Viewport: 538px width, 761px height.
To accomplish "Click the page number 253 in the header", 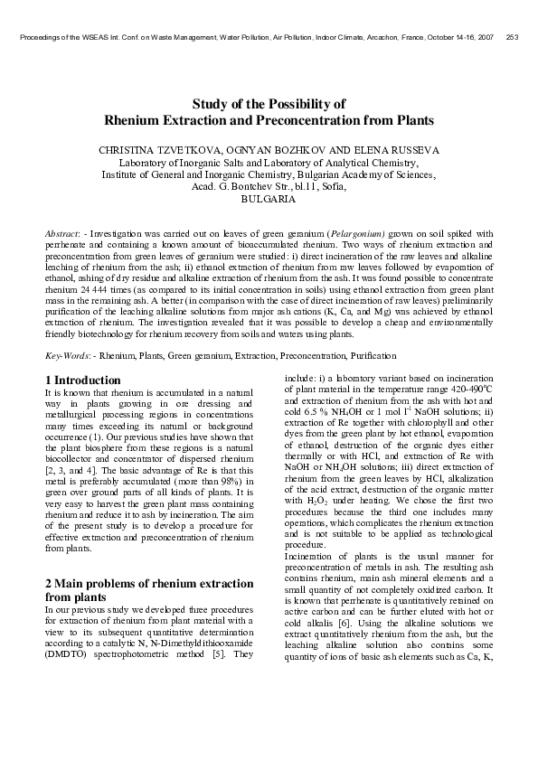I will pos(512,37).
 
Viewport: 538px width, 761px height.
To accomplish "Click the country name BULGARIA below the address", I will pos(269,199).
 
